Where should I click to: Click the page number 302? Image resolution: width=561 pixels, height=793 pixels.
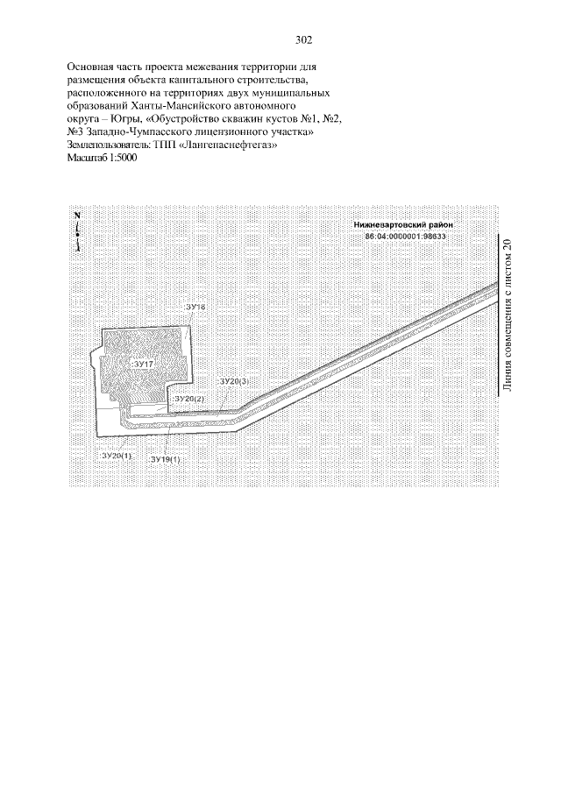(x=304, y=40)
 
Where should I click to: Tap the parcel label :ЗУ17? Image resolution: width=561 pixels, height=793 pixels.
(x=143, y=362)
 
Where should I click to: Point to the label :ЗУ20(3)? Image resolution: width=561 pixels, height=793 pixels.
(x=233, y=381)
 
